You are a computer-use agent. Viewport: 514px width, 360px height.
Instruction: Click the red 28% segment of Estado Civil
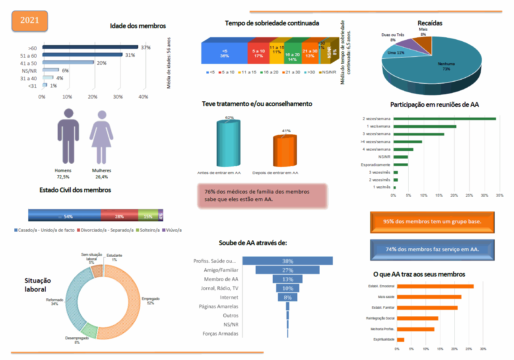(x=119, y=215)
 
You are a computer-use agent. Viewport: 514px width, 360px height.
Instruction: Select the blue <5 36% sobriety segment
(x=224, y=53)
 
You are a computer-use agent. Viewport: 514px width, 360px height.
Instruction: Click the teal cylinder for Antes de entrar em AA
(x=228, y=143)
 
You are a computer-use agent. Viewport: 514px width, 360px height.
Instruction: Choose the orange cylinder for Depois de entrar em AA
(x=285, y=151)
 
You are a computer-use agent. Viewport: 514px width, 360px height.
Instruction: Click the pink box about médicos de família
(x=262, y=195)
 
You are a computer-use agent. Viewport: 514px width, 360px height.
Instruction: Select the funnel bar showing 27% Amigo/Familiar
(x=287, y=270)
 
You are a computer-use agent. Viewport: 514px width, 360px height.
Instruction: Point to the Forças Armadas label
(x=220, y=334)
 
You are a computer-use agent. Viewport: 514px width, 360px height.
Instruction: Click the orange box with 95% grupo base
(x=432, y=221)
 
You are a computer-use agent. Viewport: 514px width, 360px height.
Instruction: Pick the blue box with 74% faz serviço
(x=432, y=250)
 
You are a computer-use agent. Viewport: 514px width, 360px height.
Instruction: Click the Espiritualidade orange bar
(x=400, y=340)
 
